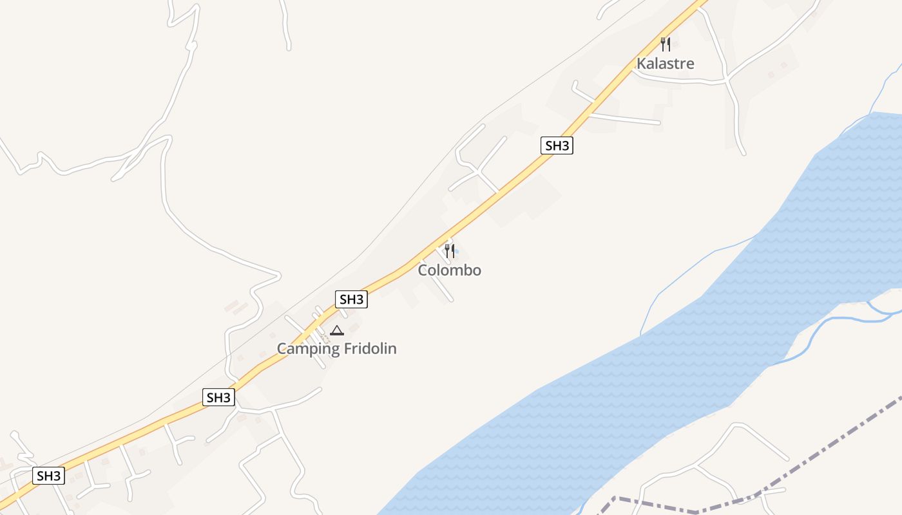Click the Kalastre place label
coord(666,63)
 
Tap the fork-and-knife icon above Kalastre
coord(666,44)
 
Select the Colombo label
coord(449,270)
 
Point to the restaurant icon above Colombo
coord(450,250)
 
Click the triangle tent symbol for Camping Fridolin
coord(336,331)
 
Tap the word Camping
coord(307,349)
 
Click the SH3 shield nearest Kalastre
coord(557,145)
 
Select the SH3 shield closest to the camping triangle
coord(351,299)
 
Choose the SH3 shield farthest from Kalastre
coord(49,476)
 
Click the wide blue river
coord(644,386)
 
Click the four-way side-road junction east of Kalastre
coord(727,80)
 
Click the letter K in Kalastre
coord(641,63)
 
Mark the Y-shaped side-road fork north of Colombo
coord(477,171)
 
